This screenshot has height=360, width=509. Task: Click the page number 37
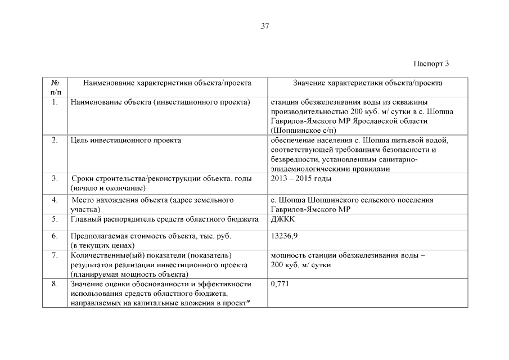pos(265,26)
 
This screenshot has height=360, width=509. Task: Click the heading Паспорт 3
pos(431,63)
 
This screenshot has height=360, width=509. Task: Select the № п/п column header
pos(56,87)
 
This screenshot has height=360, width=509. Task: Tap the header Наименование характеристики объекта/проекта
pos(167,83)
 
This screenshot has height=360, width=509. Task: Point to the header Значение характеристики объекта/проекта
pos(368,83)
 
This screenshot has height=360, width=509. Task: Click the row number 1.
pos(55,102)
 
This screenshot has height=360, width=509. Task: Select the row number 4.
pos(55,200)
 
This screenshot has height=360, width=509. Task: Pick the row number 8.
pos(55,284)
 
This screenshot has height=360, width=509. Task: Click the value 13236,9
pos(285,236)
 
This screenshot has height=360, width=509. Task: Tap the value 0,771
pos(280,284)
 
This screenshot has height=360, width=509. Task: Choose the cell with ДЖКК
pos(283,219)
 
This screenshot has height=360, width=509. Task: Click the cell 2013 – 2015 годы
pos(301,179)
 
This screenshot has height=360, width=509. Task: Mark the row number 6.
pos(55,236)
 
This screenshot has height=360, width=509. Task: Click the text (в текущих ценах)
pos(102,245)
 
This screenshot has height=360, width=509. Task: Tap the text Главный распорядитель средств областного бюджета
pos(164,219)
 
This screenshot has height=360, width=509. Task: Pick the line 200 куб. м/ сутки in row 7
pos(300,264)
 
